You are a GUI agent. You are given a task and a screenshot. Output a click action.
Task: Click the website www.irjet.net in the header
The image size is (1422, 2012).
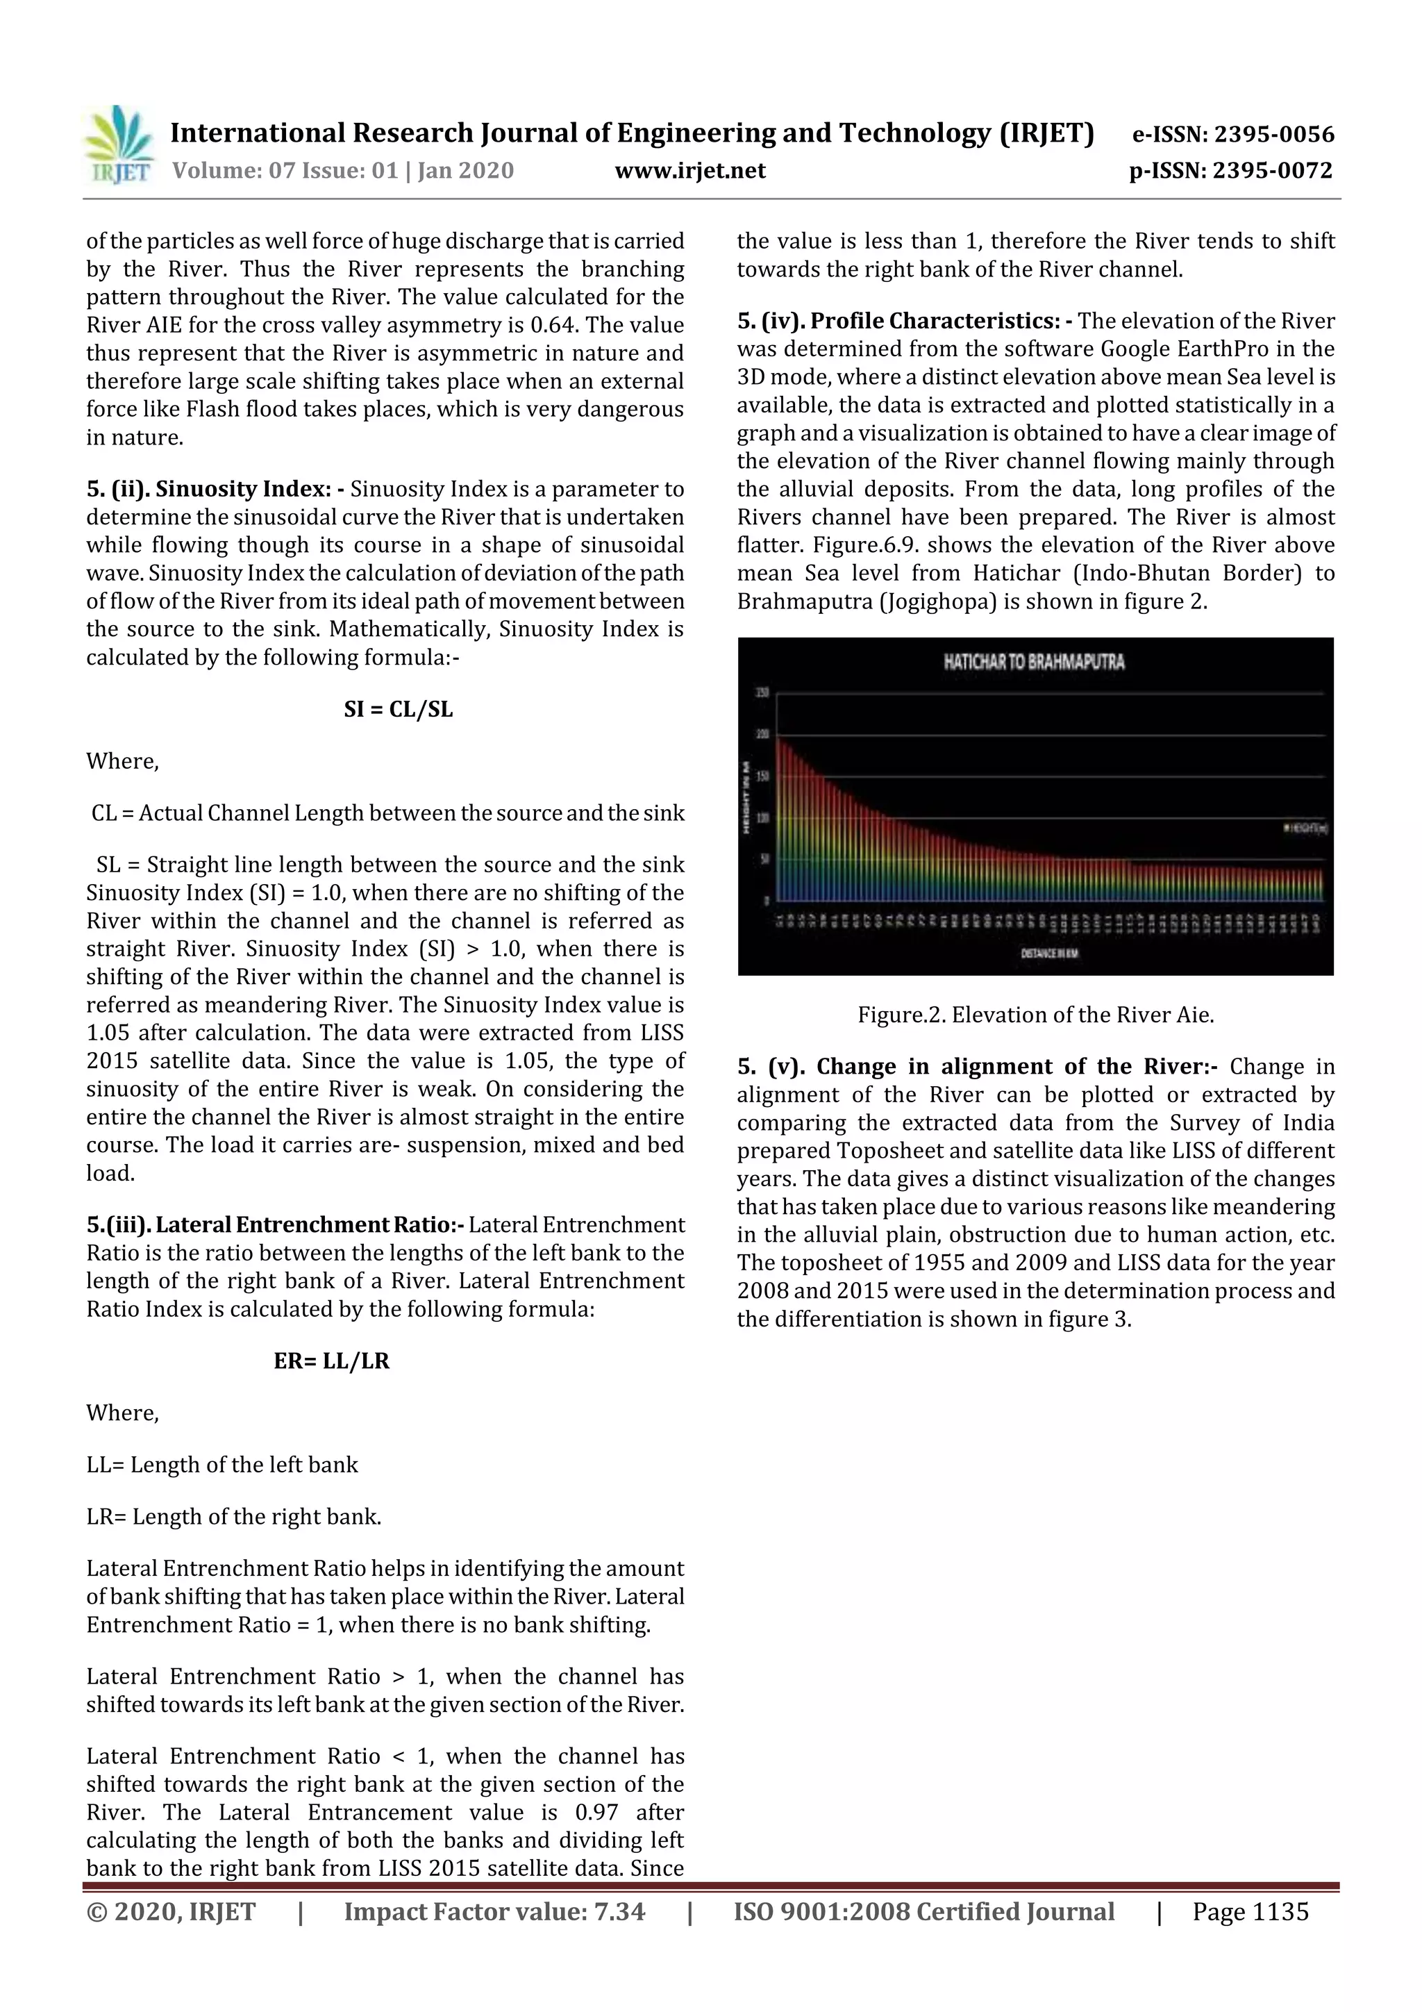click(x=689, y=171)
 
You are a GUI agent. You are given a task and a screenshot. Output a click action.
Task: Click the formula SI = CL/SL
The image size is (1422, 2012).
click(x=399, y=709)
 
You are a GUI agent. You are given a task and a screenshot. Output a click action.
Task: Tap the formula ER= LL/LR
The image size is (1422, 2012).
click(x=331, y=1361)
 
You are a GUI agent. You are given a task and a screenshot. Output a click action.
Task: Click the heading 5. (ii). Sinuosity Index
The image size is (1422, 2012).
click(x=215, y=489)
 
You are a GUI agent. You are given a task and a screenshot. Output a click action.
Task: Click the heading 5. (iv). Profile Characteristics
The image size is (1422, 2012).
click(x=905, y=321)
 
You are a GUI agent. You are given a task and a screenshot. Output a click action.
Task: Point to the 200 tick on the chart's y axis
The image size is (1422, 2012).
click(x=762, y=735)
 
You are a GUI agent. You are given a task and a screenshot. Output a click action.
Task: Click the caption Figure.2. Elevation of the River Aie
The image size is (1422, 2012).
click(x=1036, y=1015)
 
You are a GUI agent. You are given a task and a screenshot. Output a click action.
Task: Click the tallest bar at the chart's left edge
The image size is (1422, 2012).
click(x=779, y=820)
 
